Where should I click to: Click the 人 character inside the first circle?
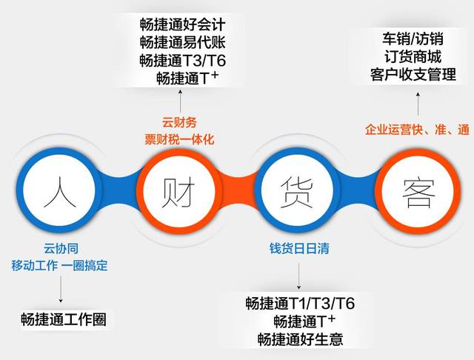coord(59,193)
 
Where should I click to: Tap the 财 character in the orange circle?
coord(178,193)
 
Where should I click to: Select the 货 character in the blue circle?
coord(296,193)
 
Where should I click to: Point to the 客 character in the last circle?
coord(419,193)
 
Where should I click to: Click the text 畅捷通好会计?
coord(183,24)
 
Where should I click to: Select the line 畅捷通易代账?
coord(183,42)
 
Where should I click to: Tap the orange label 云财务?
coord(179,122)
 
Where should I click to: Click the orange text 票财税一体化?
coord(179,139)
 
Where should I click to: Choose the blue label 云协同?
coord(61,248)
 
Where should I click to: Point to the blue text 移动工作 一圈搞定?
coord(59,265)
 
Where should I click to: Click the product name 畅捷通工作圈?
coord(64,319)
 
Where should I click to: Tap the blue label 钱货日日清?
coord(299,248)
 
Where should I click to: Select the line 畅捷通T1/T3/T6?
coord(300,303)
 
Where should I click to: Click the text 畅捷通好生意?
coord(300,339)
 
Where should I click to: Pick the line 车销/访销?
coord(413,39)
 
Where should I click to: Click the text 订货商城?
coord(413,56)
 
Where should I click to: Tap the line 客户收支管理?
coord(413,74)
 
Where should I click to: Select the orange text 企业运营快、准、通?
coord(417,130)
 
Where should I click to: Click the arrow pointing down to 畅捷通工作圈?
coord(61,289)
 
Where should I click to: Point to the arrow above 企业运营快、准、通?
coord(418,104)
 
